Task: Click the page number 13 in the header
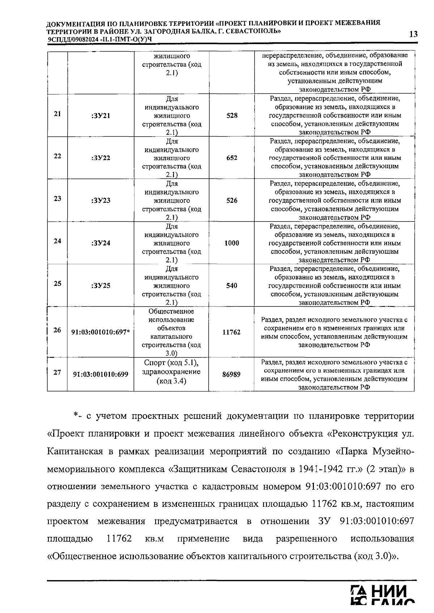413,34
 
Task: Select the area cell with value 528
232,116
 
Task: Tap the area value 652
232,158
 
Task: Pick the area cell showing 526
232,201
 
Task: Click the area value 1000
231,243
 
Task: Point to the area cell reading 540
232,286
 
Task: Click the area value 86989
231,374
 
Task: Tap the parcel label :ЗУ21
101,116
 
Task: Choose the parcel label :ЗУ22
101,158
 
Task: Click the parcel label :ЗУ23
101,201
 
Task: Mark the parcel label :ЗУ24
101,243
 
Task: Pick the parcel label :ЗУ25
101,286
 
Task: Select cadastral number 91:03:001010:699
101,374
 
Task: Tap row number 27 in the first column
57,372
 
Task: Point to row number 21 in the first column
57,113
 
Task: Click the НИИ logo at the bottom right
383,599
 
